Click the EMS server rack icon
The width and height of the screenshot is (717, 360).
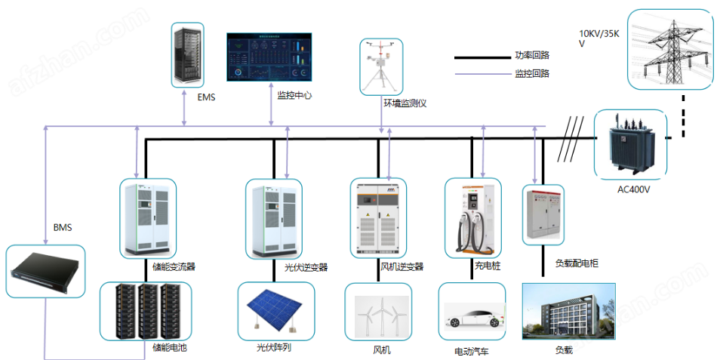pyautogui.click(x=187, y=54)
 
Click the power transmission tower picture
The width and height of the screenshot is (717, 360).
pyautogui.click(x=670, y=51)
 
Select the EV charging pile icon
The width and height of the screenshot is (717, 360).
pyautogui.click(x=473, y=218)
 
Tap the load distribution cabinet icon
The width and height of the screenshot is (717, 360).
pyautogui.click(x=543, y=214)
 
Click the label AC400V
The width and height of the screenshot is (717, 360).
pyautogui.click(x=634, y=189)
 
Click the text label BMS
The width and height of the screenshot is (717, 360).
pyautogui.click(x=62, y=227)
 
